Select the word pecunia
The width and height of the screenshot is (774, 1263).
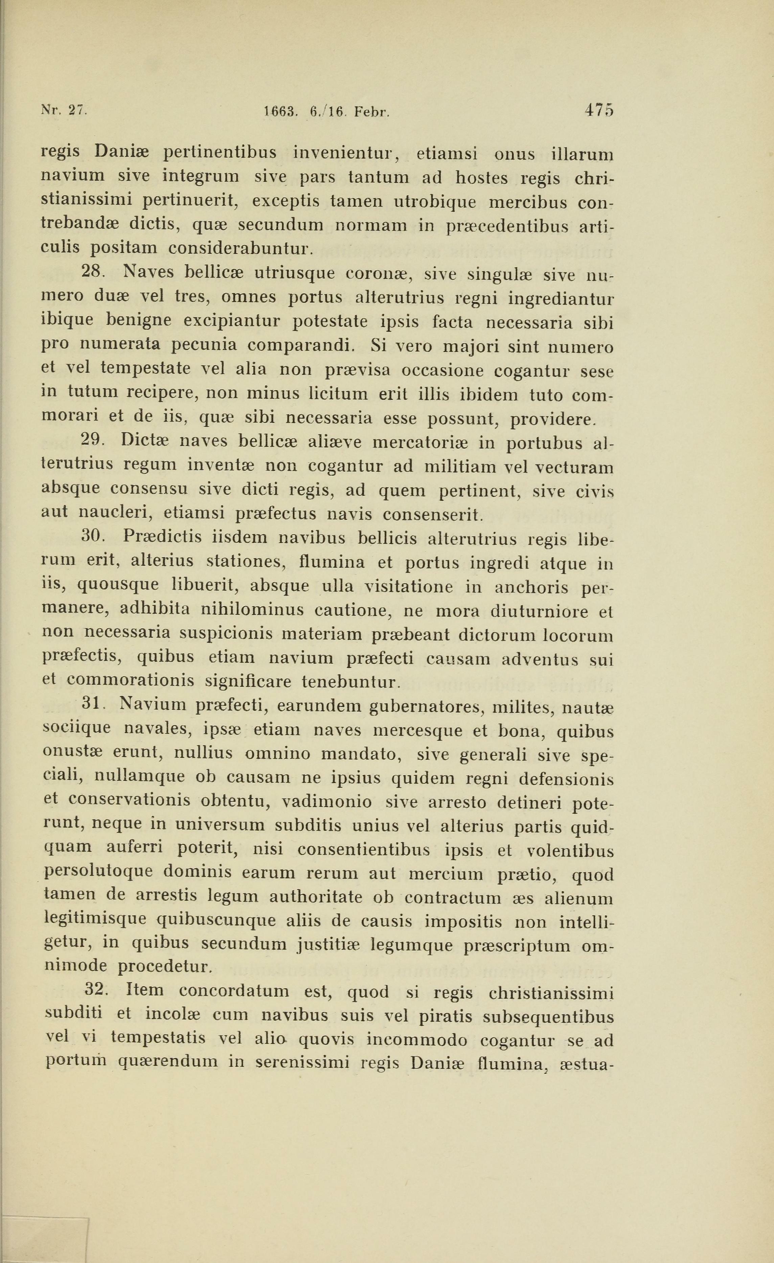(204, 345)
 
